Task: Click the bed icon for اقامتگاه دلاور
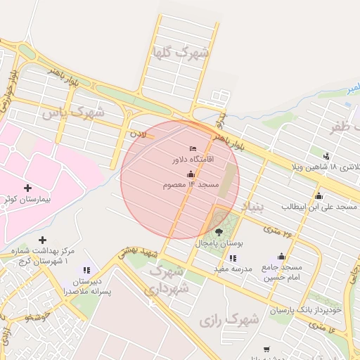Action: point(193,148)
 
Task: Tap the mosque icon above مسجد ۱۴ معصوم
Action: point(191,174)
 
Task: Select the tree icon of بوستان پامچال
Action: point(219,231)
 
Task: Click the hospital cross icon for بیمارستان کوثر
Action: point(27,188)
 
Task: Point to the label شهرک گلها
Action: point(181,53)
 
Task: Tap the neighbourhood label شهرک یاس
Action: point(72,112)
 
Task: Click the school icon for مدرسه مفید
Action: point(232,258)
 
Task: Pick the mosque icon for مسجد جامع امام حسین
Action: point(282,257)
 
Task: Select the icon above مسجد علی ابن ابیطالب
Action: point(319,195)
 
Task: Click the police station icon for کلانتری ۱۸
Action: point(326,155)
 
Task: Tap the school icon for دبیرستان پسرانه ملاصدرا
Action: point(86,269)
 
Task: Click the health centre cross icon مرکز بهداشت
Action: point(43,240)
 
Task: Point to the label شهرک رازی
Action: point(229,320)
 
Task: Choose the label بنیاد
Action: point(251,207)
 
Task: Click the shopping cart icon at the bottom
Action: point(266,349)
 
